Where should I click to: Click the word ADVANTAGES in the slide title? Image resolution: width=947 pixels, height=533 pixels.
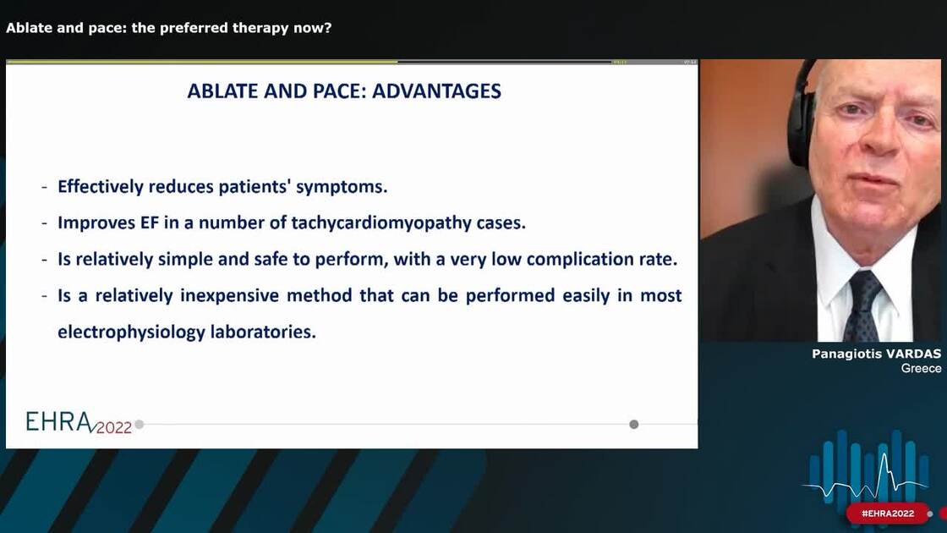436,91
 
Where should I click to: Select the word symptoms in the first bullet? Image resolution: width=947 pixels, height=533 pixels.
342,187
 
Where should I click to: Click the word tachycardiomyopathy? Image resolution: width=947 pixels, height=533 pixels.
381,223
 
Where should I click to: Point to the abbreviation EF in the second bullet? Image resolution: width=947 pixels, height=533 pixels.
150,223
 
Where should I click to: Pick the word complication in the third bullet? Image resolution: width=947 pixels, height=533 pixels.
580,259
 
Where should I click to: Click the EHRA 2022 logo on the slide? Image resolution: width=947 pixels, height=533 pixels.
79,423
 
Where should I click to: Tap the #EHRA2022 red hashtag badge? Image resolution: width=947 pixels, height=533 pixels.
888,514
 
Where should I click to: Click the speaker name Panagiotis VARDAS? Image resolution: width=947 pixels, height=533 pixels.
876,354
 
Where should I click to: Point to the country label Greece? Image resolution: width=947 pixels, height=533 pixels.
921,368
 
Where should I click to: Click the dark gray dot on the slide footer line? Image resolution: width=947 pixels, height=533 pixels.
633,424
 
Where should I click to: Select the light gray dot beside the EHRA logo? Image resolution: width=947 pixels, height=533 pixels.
140,424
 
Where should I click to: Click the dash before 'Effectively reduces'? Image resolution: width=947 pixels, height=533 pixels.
45,187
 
